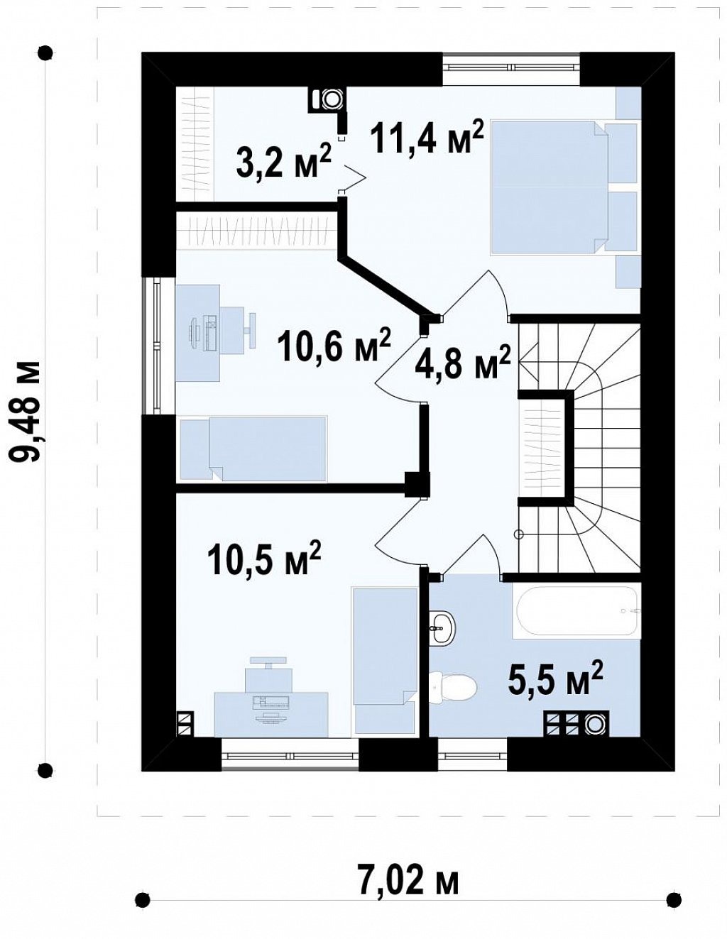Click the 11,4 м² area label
coord(428,136)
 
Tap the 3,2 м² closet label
coord(283,161)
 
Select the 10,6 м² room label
coord(334,343)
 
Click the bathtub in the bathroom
coord(576,610)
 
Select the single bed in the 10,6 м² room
coord(253,448)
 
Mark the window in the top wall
coord(511,67)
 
